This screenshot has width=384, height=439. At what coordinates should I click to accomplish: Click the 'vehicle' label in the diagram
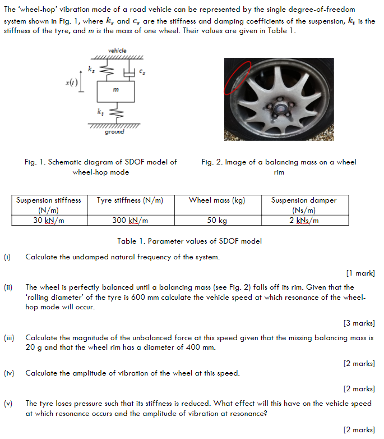[117, 51]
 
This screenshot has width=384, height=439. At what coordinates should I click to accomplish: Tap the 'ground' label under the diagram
[115, 132]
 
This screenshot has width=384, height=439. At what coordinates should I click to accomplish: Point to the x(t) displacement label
[71, 83]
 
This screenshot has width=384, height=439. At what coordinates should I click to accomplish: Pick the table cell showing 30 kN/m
[48, 220]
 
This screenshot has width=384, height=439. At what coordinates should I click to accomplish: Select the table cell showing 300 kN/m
[130, 220]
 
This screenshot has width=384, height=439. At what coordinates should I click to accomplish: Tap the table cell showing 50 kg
[216, 220]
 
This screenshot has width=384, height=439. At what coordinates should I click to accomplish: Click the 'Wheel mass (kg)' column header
[216, 200]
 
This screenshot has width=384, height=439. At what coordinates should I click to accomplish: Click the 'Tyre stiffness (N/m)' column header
[130, 200]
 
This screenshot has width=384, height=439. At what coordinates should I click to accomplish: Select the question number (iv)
[8, 373]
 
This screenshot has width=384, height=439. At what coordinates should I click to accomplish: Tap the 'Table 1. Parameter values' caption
[189, 241]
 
